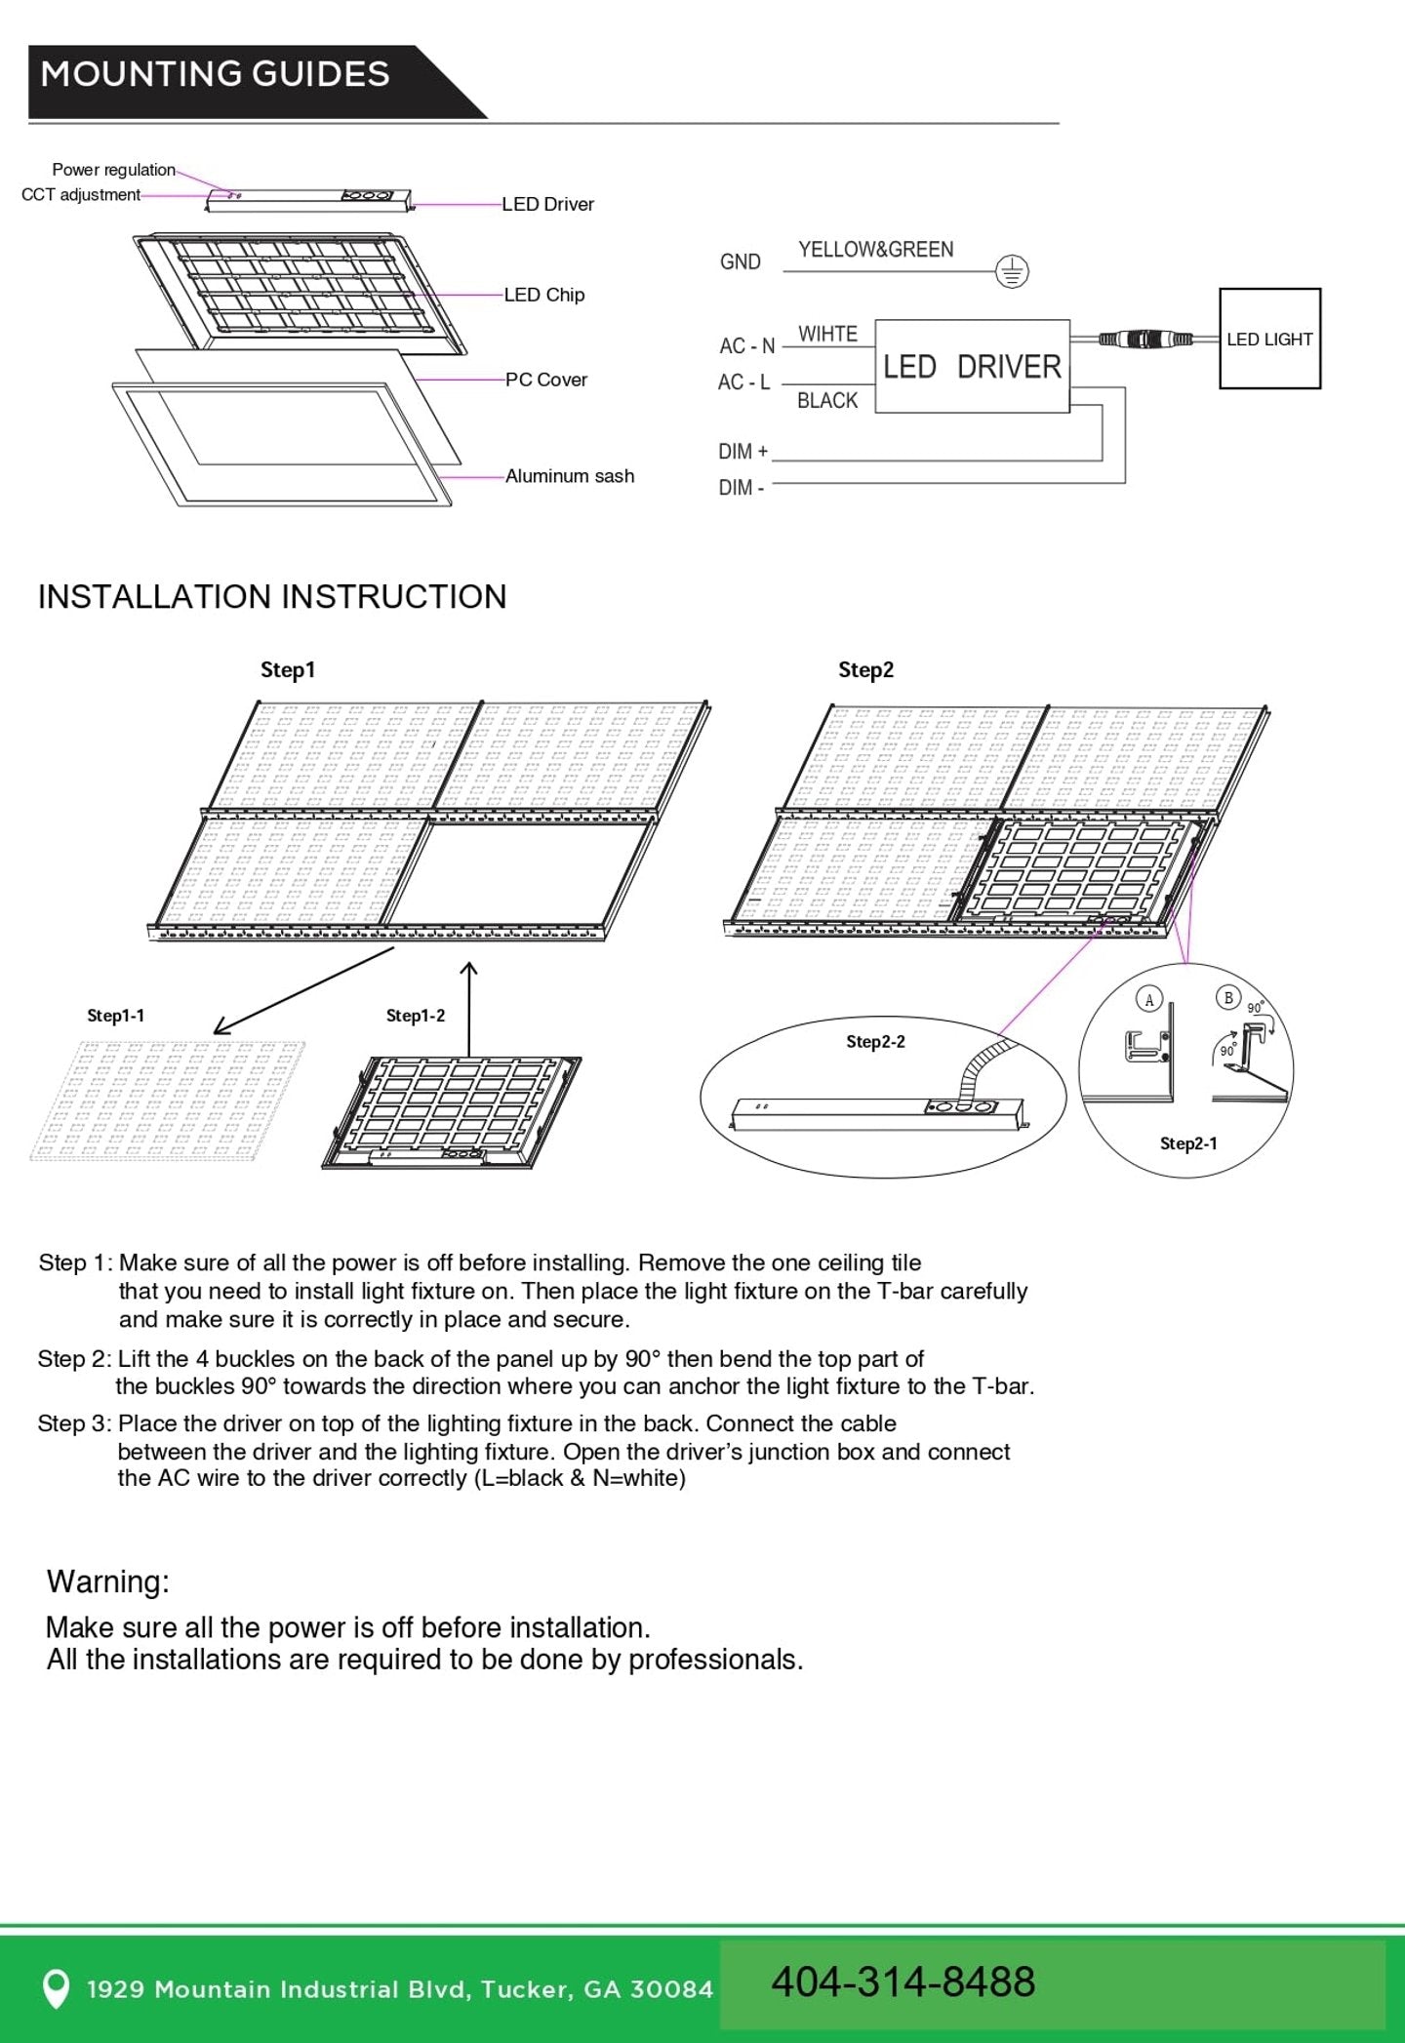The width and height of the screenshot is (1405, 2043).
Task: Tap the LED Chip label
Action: pyautogui.click(x=543, y=295)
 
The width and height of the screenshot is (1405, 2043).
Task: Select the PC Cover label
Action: pyautogui.click(x=545, y=380)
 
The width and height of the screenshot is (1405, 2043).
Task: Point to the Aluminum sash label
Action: pyautogui.click(x=569, y=476)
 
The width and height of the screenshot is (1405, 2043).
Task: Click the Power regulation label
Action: pyautogui.click(x=113, y=170)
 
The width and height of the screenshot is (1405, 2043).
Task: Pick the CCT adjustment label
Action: pyautogui.click(x=81, y=195)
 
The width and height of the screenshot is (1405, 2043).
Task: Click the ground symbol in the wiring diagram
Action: pyautogui.click(x=1012, y=271)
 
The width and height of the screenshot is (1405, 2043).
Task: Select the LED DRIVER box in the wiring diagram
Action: pyautogui.click(x=972, y=367)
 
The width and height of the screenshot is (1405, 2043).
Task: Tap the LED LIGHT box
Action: pyautogui.click(x=1269, y=340)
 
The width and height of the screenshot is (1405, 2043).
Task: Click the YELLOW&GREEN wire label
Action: pyautogui.click(x=875, y=250)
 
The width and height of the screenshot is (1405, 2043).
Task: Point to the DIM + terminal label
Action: pyautogui.click(x=743, y=452)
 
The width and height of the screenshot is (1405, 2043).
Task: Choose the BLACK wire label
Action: pyautogui.click(x=826, y=401)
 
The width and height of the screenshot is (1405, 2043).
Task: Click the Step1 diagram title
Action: pyautogui.click(x=288, y=670)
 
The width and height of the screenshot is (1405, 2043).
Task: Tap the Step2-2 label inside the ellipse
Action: pyautogui.click(x=875, y=1042)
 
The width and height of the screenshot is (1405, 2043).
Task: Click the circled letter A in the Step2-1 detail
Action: pyautogui.click(x=1149, y=999)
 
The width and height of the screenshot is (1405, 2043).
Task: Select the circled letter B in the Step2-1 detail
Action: pyautogui.click(x=1228, y=997)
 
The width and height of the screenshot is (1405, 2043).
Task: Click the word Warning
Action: pyautogui.click(x=108, y=1582)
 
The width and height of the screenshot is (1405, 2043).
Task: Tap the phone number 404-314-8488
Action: pyautogui.click(x=903, y=1982)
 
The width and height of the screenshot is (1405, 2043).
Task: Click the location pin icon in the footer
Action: pyautogui.click(x=57, y=1988)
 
